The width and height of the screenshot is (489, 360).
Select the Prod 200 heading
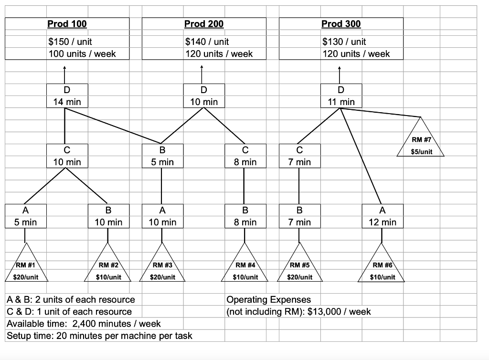coord(204,23)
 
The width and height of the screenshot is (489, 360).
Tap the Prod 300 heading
coord(341,23)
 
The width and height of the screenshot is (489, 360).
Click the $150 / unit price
coord(70,42)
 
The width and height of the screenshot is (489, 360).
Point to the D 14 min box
coord(67,95)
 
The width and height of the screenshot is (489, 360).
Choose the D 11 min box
coord(340,95)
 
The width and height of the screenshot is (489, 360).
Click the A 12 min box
coord(382,216)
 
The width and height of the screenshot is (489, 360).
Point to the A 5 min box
coord(26,216)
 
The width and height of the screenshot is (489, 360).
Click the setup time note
coord(100,336)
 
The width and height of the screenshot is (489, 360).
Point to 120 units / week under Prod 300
coord(356,54)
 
